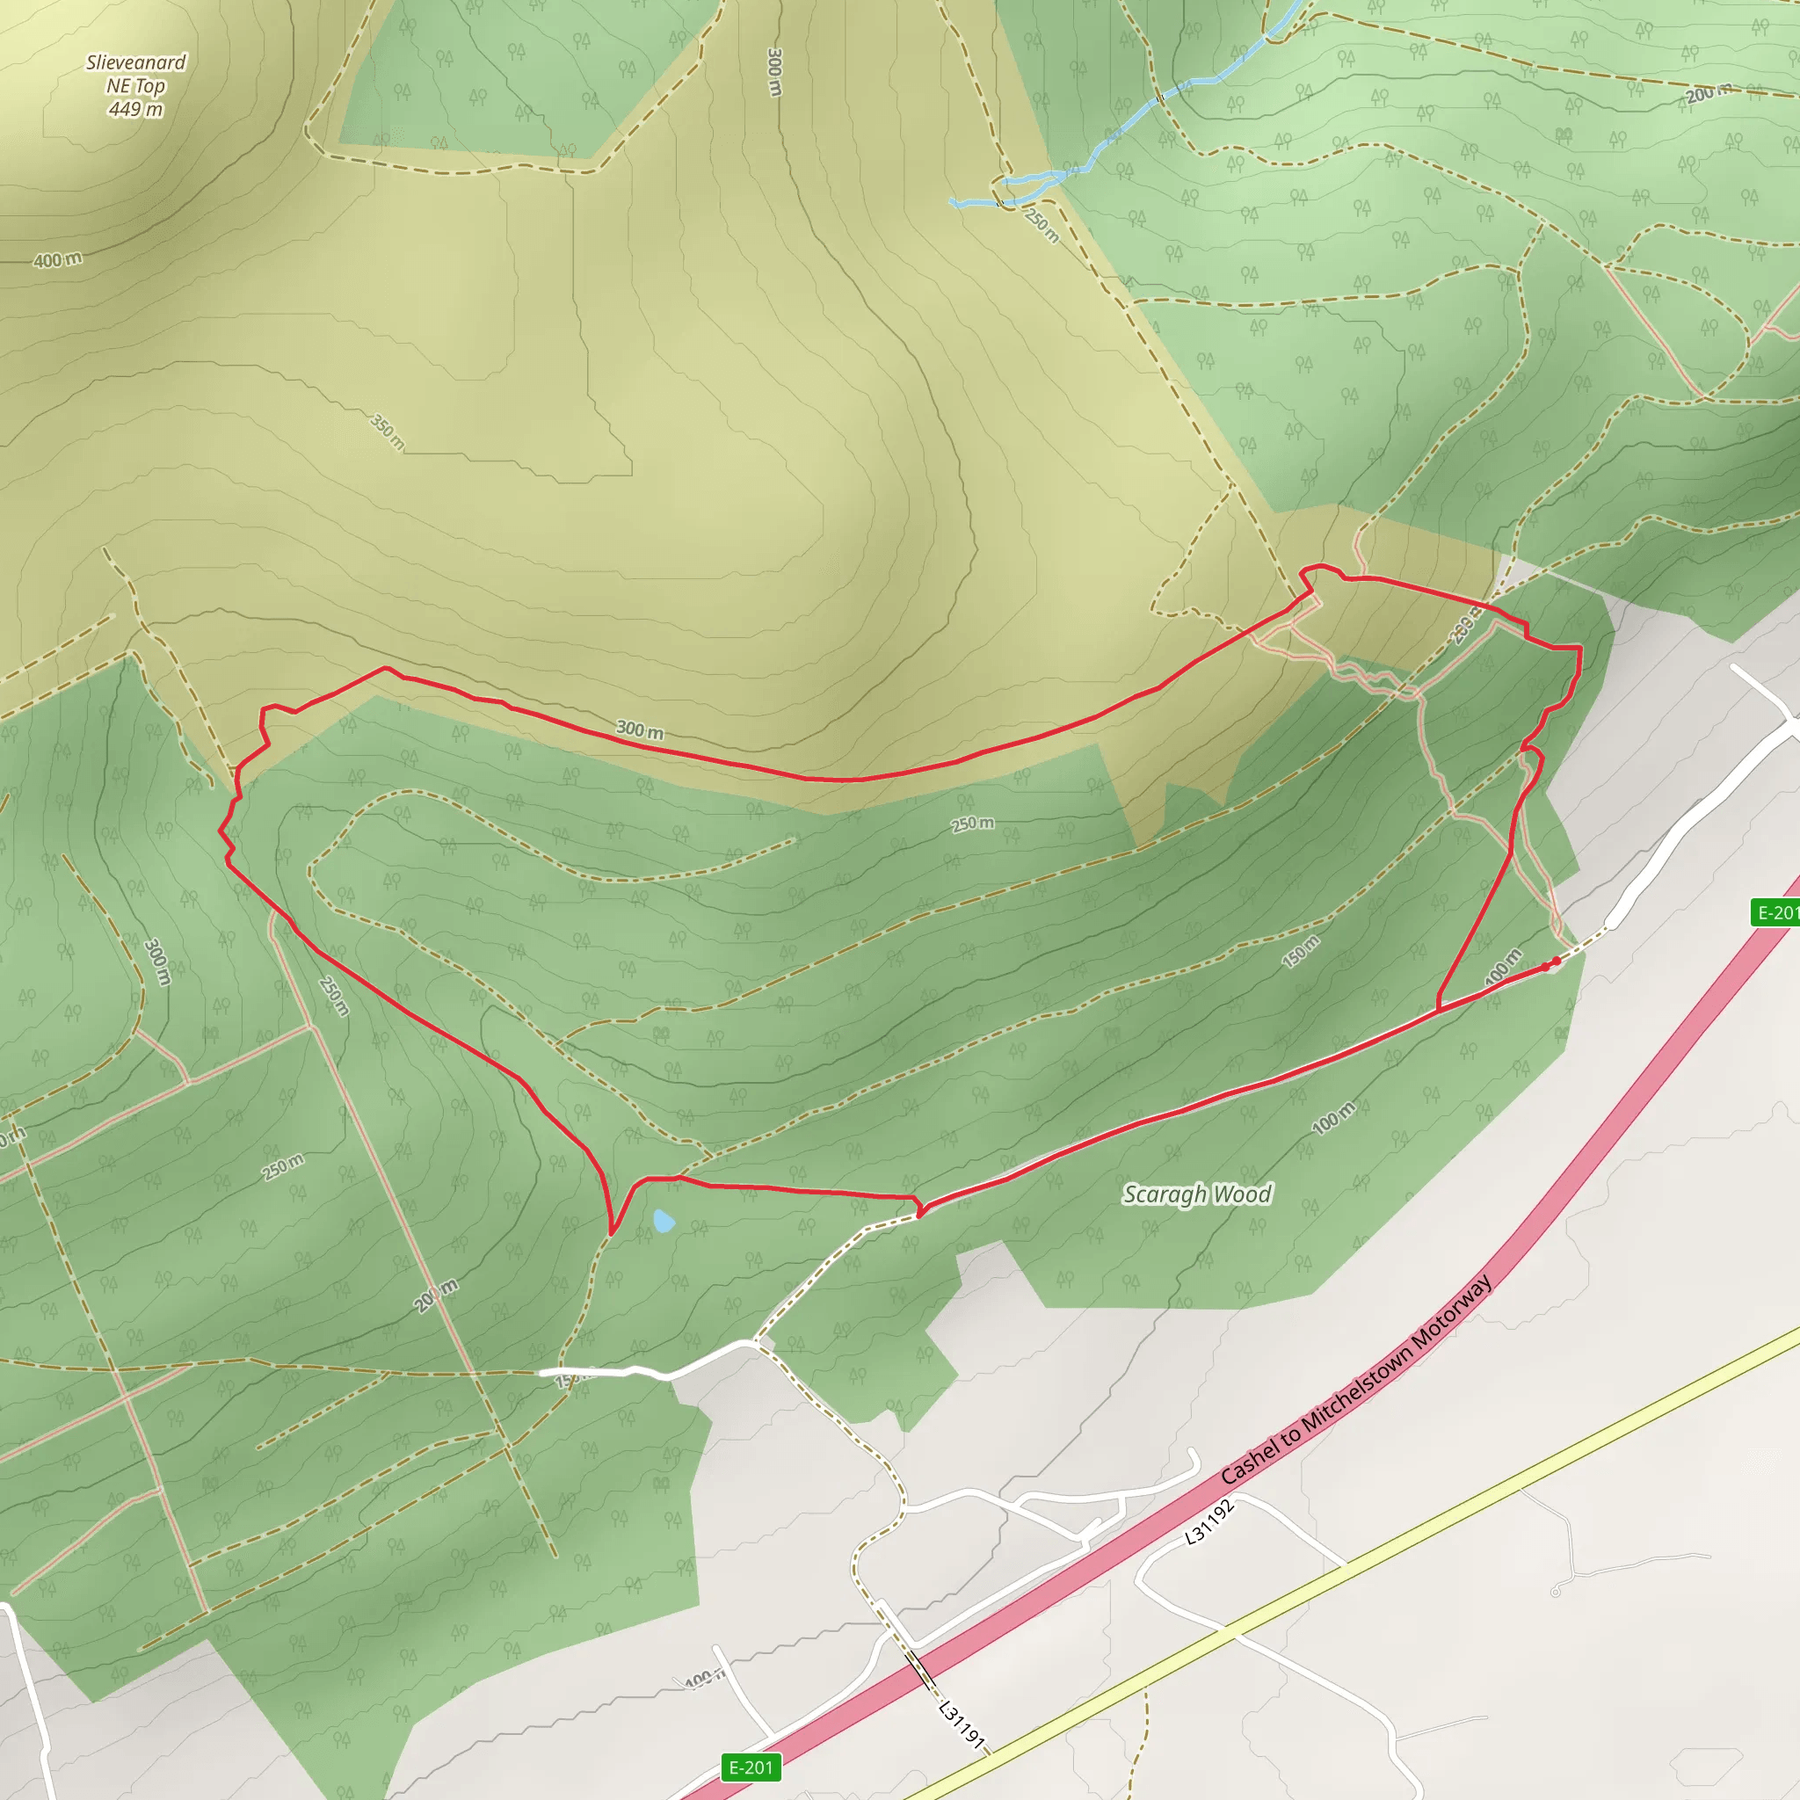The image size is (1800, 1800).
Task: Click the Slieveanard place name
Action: point(136,62)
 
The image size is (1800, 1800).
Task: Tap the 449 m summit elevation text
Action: point(136,109)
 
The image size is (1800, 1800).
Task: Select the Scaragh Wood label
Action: point(1196,1194)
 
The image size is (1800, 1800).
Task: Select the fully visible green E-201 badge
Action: point(751,1767)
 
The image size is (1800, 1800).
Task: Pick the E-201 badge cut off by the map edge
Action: point(1775,912)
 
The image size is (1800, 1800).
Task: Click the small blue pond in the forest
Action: point(664,1221)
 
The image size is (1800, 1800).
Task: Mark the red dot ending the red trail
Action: point(1556,961)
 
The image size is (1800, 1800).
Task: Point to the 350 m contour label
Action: point(388,432)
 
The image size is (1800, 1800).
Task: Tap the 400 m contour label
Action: point(58,260)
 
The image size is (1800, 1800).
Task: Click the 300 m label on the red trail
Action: point(639,730)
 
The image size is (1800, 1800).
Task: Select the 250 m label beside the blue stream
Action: point(1042,223)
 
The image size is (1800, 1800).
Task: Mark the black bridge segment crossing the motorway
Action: point(922,1671)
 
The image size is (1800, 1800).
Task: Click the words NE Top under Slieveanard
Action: point(136,86)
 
